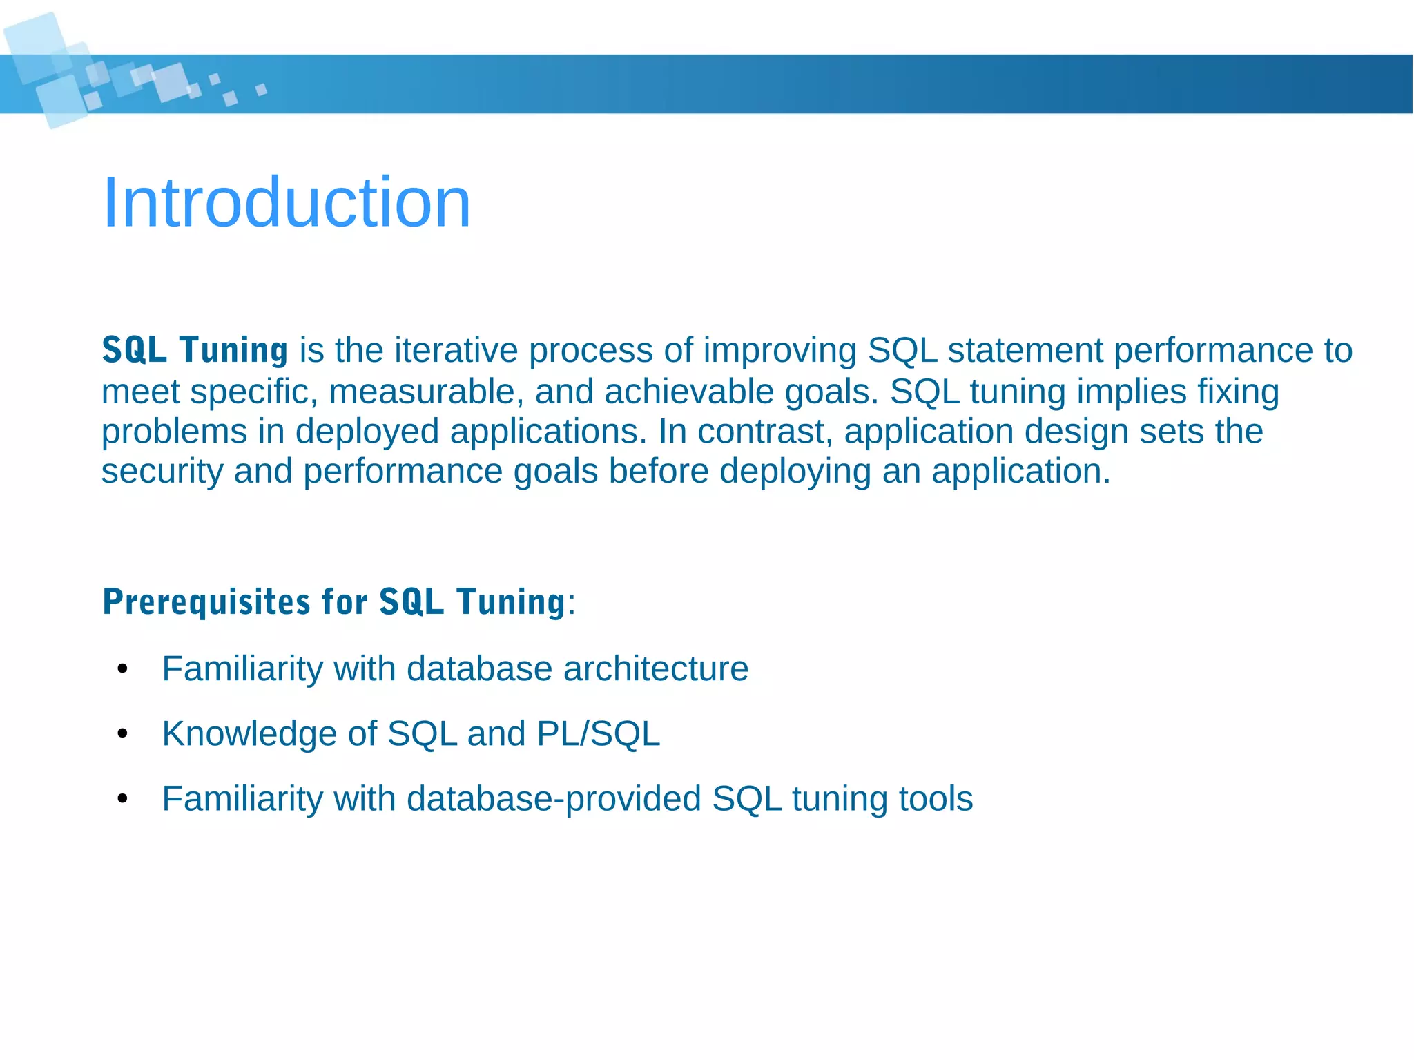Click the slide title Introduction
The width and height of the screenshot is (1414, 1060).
click(287, 202)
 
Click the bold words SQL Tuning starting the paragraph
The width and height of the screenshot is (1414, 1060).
click(195, 349)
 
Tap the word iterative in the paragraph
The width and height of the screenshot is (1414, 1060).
click(454, 350)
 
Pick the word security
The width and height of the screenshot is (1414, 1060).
click(162, 472)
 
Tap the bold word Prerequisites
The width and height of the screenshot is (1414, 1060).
click(206, 601)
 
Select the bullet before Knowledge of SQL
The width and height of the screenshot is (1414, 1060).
click(123, 733)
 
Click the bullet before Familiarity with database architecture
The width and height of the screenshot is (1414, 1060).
click(123, 669)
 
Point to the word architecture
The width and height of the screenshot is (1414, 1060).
click(655, 669)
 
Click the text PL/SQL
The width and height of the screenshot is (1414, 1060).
click(598, 733)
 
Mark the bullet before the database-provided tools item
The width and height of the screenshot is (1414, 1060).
click(123, 799)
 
